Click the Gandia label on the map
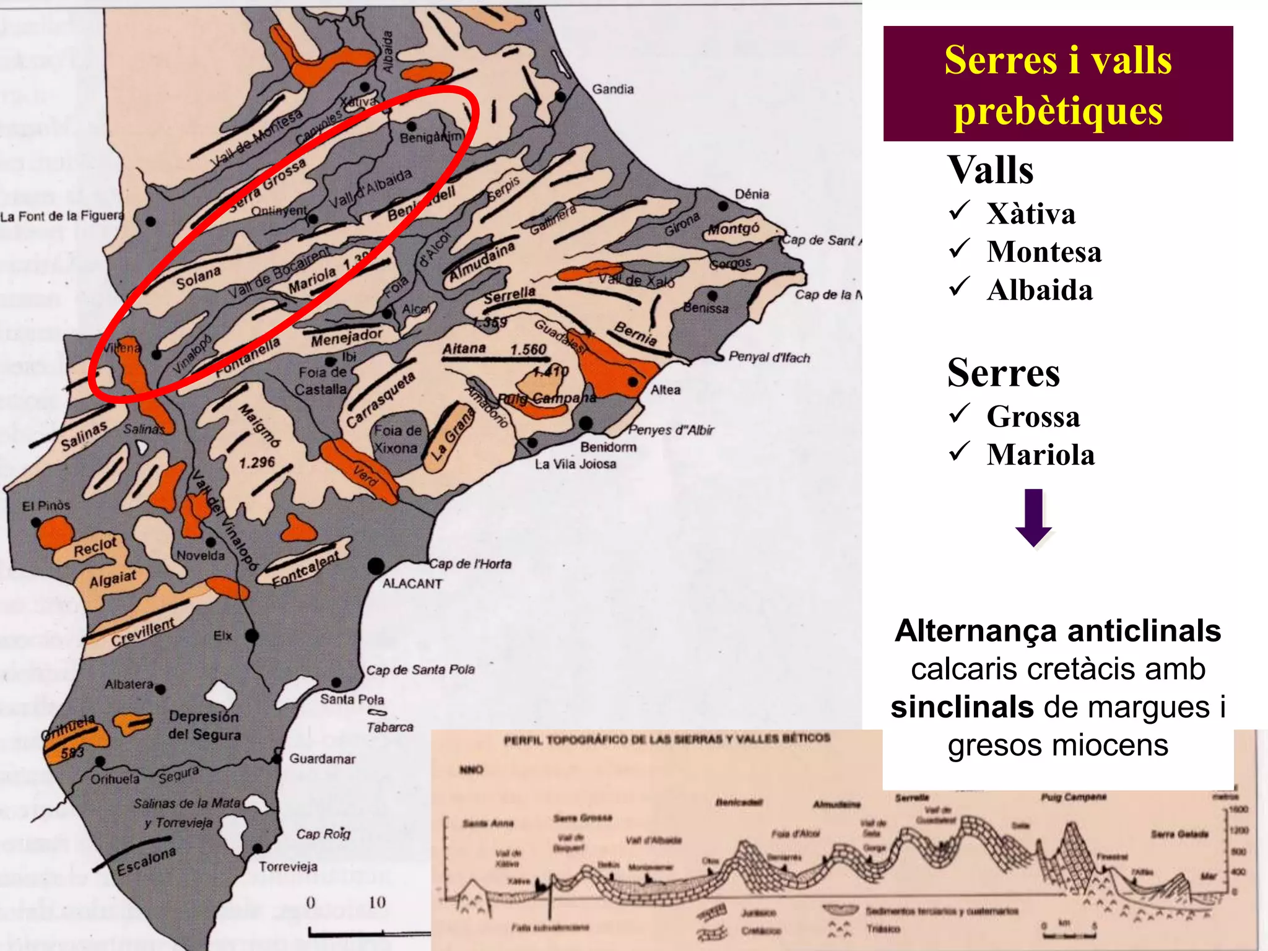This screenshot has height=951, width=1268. point(612,89)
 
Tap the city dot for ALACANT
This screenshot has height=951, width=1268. point(376,566)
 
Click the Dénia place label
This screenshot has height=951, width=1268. point(752,194)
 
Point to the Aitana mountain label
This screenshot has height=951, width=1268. point(464,349)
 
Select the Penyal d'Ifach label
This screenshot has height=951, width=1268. point(769,357)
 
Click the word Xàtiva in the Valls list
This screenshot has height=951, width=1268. point(1031,214)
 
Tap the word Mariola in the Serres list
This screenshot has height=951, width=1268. point(1041,454)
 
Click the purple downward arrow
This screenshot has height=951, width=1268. point(1033,518)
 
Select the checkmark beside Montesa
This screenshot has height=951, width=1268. point(958,249)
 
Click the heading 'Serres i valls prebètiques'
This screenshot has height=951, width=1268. point(1057,85)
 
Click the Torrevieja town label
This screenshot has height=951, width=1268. point(288,867)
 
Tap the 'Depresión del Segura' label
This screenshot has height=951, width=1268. point(204,725)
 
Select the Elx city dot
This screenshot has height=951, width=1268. point(251,635)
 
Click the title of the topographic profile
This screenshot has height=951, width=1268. point(666,739)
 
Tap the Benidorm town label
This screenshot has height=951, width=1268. point(608,447)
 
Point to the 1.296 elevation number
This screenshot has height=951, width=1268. point(256,462)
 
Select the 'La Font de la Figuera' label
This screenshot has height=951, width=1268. point(62,216)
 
